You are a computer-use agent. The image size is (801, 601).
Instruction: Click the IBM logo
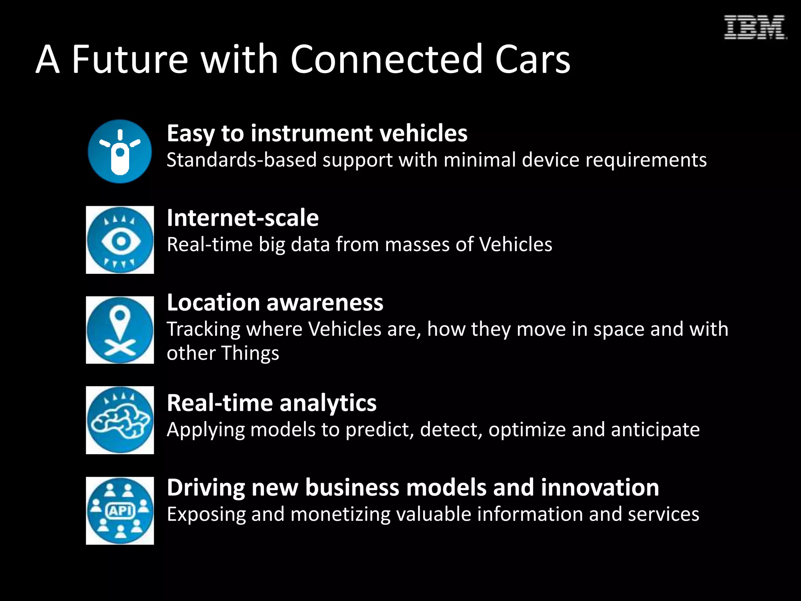(754, 27)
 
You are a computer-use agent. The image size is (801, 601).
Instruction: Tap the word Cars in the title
(533, 59)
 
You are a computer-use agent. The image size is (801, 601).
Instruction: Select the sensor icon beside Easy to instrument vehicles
(120, 151)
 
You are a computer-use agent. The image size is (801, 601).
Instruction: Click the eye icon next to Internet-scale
(120, 240)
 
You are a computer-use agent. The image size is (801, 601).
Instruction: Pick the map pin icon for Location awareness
(120, 330)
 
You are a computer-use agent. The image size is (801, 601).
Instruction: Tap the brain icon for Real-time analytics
(120, 420)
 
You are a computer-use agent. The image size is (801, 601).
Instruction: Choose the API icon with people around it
(120, 511)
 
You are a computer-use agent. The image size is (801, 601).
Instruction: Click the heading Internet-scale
(242, 218)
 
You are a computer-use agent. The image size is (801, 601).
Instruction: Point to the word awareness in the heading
(325, 302)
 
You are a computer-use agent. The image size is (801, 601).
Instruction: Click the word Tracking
(203, 329)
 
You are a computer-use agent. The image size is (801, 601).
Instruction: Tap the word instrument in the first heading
(311, 133)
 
